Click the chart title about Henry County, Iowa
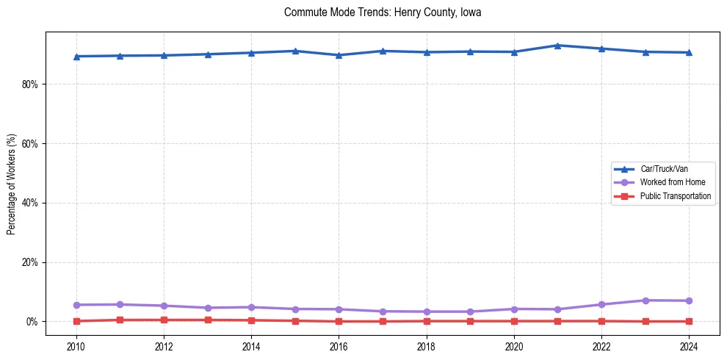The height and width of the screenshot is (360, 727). pyautogui.click(x=383, y=12)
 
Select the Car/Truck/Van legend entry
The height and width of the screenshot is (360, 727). pyautogui.click(x=664, y=169)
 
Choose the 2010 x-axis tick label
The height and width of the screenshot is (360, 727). pyautogui.click(x=76, y=345)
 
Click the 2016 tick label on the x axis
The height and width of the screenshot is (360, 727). pyautogui.click(x=339, y=345)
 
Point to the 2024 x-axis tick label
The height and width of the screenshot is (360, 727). pyautogui.click(x=689, y=345)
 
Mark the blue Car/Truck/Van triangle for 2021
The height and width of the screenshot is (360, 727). pyautogui.click(x=557, y=46)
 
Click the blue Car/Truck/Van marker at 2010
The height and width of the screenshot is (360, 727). pyautogui.click(x=76, y=57)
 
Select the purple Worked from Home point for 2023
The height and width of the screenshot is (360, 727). pyautogui.click(x=645, y=300)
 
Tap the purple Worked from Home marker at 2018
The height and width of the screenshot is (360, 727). pyautogui.click(x=427, y=312)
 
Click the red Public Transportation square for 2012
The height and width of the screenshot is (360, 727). pyautogui.click(x=164, y=320)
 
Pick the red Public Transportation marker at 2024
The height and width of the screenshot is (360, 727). pyautogui.click(x=689, y=321)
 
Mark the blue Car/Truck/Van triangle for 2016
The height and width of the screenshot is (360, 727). pyautogui.click(x=339, y=55)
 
